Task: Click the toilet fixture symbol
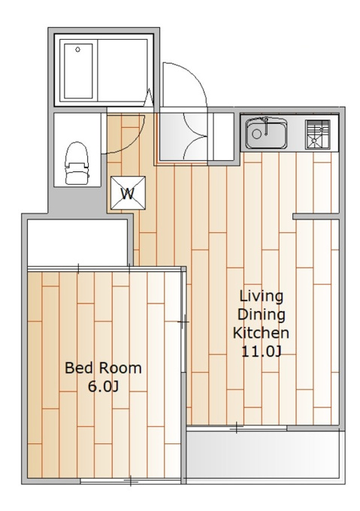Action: [77, 163]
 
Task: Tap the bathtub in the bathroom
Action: [78, 71]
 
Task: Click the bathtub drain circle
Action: [77, 50]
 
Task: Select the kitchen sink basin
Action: [267, 133]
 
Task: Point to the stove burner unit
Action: [318, 135]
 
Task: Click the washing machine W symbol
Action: [128, 193]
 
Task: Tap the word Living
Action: [262, 296]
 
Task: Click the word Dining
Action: [262, 315]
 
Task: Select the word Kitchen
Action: [261, 333]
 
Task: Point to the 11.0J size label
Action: [262, 352]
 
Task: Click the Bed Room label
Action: [103, 368]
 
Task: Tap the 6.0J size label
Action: [103, 386]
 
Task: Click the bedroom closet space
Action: [77, 243]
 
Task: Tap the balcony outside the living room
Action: [265, 455]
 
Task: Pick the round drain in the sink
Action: [257, 134]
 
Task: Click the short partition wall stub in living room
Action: [316, 216]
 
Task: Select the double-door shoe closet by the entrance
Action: [195, 137]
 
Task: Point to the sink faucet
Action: [266, 126]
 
